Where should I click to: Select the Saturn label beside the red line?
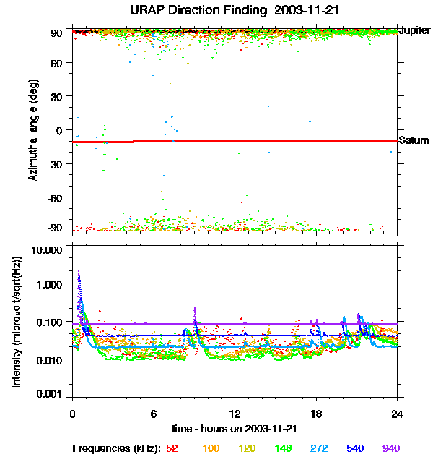[x=414, y=140]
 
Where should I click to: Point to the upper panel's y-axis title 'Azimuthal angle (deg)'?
[x=33, y=131]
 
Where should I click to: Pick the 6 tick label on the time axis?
[x=154, y=414]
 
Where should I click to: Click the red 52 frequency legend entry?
[x=172, y=448]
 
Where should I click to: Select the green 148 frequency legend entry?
[x=283, y=448]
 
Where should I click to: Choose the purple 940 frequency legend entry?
[x=391, y=448]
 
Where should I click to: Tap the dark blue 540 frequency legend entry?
[x=355, y=448]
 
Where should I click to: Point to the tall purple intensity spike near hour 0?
[x=78, y=278]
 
